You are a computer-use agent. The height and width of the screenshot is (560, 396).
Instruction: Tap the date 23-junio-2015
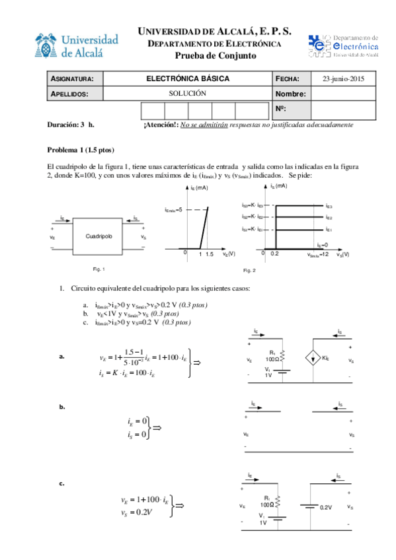(x=344, y=79)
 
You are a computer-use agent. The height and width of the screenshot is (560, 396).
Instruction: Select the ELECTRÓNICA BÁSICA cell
(x=188, y=79)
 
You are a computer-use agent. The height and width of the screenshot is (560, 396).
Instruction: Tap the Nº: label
(x=280, y=108)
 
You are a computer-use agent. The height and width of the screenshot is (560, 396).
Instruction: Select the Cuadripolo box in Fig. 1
(x=99, y=235)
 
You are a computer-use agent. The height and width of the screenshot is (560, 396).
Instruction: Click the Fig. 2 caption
(x=249, y=271)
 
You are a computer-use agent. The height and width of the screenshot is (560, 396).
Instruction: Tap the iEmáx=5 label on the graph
(x=176, y=209)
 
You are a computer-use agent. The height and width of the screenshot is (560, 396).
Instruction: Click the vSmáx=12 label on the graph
(x=317, y=254)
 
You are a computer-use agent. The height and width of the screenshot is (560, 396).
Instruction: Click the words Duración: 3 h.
(x=71, y=124)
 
